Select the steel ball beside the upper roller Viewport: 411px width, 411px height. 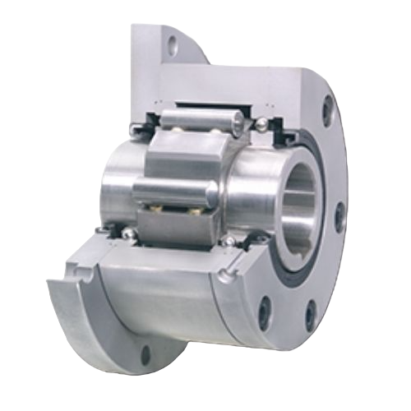pos(260,124)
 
